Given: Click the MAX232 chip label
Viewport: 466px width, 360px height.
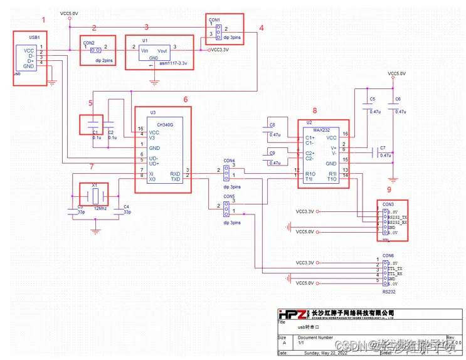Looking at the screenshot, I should click(322, 130).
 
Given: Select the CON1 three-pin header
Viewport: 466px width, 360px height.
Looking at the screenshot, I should click(217, 31).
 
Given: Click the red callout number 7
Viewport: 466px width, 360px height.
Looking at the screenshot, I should click(92, 166).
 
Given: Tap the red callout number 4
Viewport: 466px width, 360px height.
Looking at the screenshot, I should click(262, 28).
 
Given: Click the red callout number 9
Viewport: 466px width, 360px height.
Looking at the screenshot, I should click(388, 189).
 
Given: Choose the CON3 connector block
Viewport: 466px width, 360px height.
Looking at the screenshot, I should click(391, 220).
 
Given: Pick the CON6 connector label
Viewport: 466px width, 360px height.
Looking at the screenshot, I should click(388, 256).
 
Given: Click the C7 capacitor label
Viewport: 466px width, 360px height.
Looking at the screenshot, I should click(382, 149).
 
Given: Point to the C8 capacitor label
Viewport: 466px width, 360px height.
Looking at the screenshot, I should click(272, 125).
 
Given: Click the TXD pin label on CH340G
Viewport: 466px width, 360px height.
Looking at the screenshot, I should click(175, 179).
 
